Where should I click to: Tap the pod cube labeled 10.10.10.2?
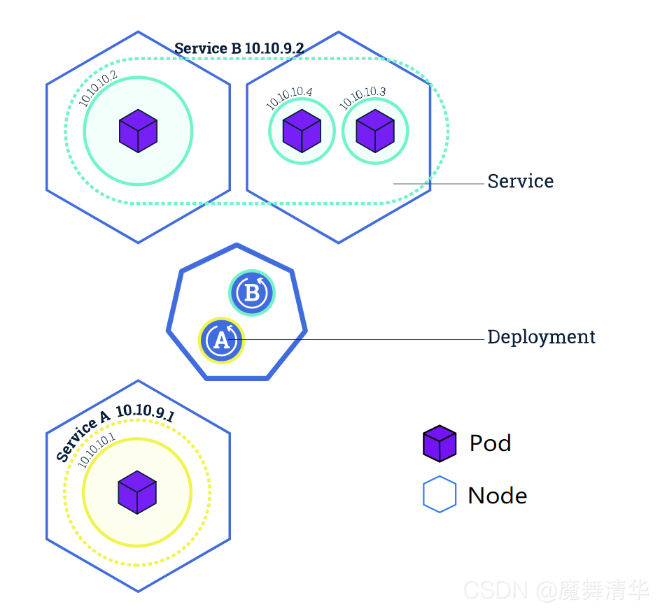point(138,131)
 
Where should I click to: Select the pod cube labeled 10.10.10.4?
point(302,131)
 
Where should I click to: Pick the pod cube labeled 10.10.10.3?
point(375,131)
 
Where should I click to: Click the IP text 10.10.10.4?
point(289,98)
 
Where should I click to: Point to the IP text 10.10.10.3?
point(363,98)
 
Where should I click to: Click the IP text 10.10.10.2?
point(98,89)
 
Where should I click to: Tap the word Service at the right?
point(520,182)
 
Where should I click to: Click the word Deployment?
point(541,337)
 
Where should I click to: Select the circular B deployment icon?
point(252,292)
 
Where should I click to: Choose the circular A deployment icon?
point(220,341)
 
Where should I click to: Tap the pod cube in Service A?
point(137,492)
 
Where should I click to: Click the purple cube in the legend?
point(440,444)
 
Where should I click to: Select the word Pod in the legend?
point(490,443)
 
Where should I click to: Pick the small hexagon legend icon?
point(440,495)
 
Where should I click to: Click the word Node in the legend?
point(497,496)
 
